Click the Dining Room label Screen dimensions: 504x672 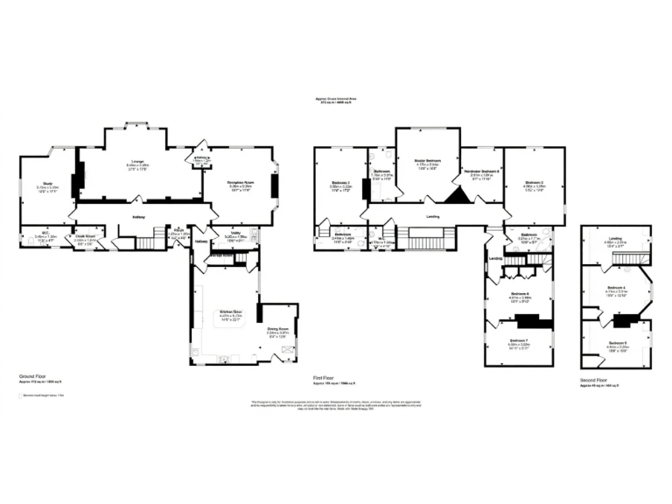277,330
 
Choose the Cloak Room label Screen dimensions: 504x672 84,235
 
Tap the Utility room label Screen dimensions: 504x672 235,234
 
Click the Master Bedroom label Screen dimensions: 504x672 427,161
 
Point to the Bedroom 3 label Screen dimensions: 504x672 340,183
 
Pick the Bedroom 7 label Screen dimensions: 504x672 519,341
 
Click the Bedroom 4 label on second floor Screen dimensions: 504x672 616,287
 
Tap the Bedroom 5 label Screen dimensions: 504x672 616,342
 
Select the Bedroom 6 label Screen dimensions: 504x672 519,294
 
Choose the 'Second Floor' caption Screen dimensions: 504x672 595,380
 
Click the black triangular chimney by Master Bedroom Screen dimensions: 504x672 456,194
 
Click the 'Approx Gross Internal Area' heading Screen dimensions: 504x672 336,99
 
